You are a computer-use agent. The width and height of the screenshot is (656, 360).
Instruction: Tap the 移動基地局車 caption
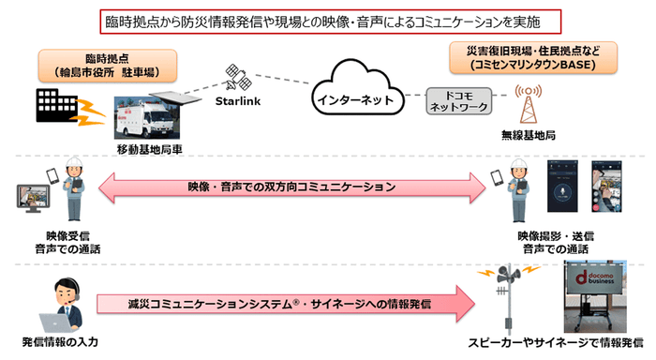(x=147, y=148)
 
